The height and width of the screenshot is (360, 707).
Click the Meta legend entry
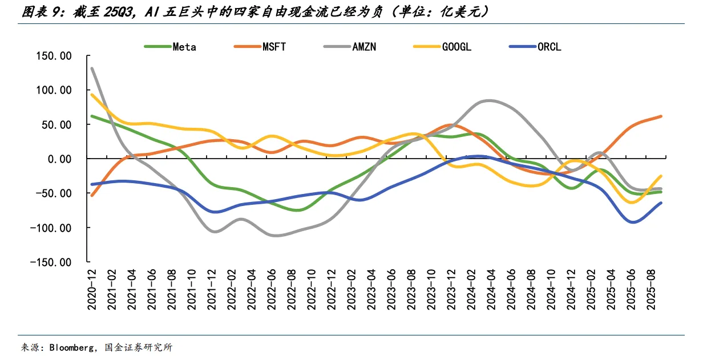[184, 47]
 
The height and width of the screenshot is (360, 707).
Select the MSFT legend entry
[274, 47]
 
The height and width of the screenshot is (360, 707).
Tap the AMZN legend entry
[363, 47]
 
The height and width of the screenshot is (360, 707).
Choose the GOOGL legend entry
[456, 47]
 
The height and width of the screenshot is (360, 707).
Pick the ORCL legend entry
[549, 47]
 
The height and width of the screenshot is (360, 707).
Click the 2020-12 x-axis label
[91, 290]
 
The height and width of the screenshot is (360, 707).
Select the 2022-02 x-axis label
[232, 290]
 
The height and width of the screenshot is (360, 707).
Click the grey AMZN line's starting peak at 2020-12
[92, 68]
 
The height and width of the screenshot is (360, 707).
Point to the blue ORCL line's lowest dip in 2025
[633, 222]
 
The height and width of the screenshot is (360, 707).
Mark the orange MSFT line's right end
[661, 116]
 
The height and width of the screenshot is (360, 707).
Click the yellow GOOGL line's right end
[661, 176]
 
